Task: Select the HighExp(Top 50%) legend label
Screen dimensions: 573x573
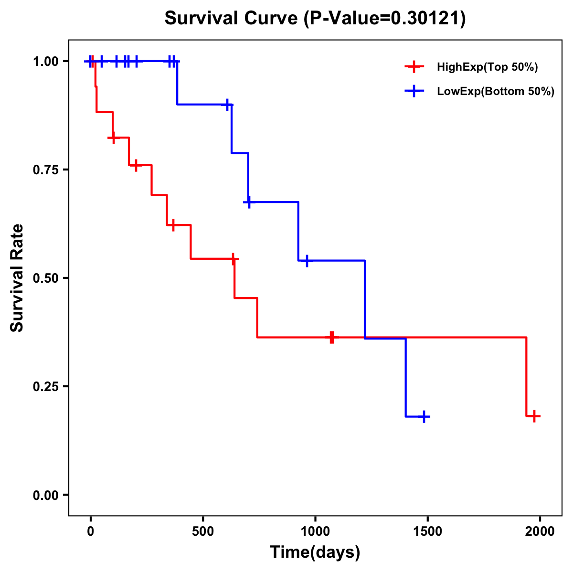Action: [487, 67]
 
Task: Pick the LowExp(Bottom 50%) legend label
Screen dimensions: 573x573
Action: [496, 92]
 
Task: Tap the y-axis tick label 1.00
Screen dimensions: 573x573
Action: [45, 62]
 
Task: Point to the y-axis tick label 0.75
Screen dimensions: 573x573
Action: [45, 170]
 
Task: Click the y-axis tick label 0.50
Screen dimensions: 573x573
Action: [45, 278]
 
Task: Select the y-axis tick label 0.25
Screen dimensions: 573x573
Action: [45, 387]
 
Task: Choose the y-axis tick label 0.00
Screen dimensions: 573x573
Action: [45, 495]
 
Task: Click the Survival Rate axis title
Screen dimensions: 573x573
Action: [17, 278]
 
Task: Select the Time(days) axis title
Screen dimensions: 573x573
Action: [315, 552]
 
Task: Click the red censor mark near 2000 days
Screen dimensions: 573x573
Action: [534, 416]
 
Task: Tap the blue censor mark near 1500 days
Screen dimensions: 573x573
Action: [424, 417]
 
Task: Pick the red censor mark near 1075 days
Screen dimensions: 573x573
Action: [332, 337]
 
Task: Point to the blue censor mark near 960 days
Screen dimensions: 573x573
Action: [307, 261]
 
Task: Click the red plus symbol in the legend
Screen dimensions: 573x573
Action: [414, 67]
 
